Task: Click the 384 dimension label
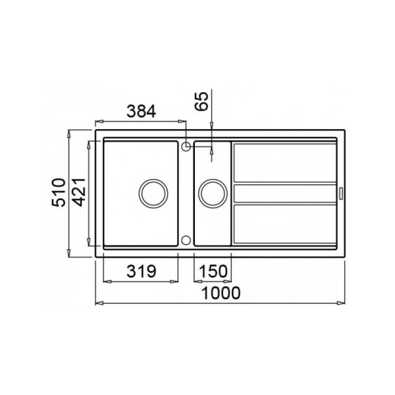pos(141,111)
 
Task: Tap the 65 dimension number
pos(202,101)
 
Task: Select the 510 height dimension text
pos(59,192)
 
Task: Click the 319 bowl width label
pos(142,271)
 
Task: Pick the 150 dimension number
pos(213,271)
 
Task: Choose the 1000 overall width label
pos(221,293)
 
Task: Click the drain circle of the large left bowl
pos(153,194)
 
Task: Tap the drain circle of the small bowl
pos(213,194)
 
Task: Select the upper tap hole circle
pos(186,146)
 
